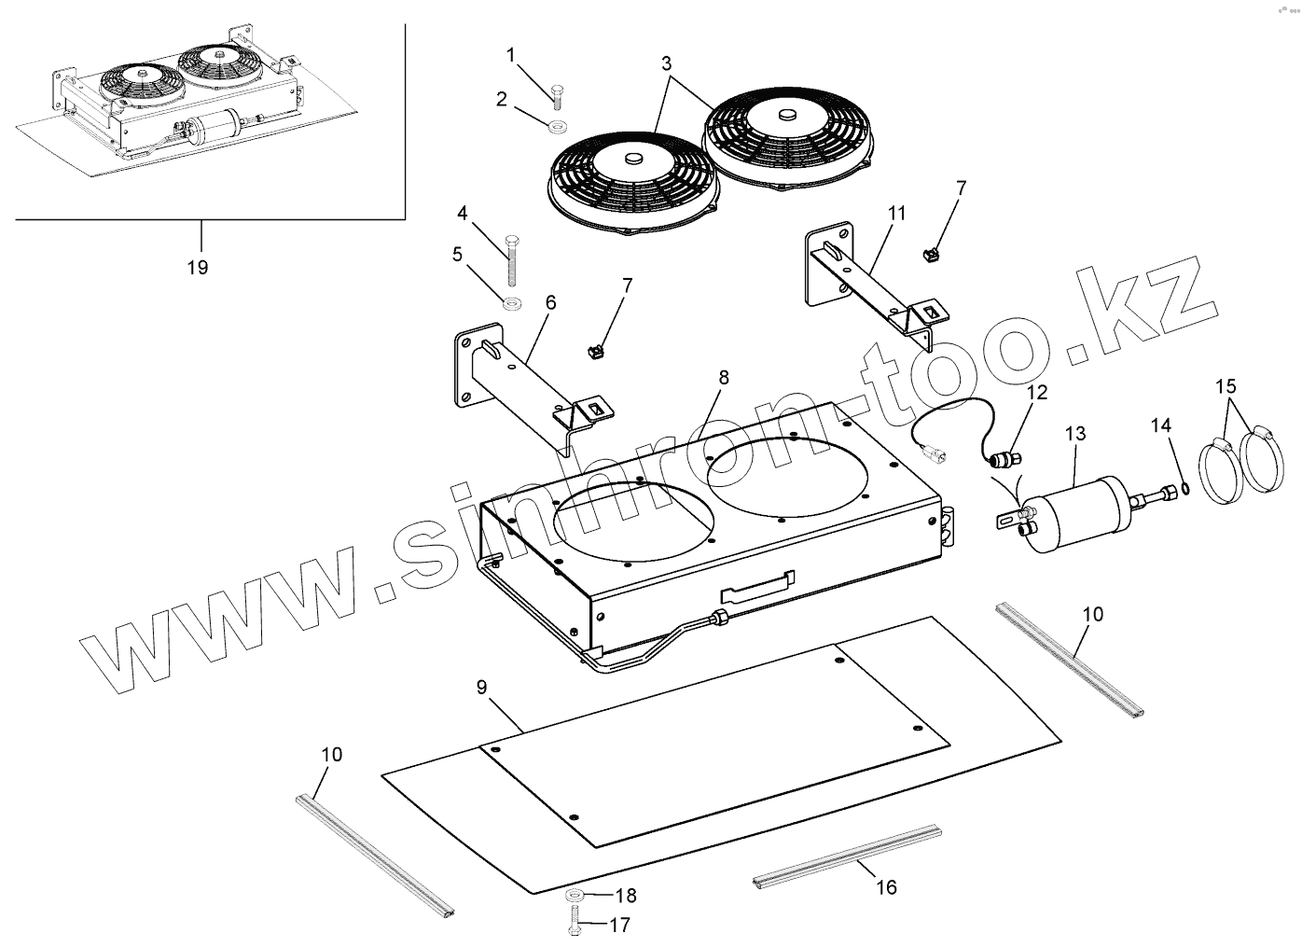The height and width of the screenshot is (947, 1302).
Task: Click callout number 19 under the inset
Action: pos(197,268)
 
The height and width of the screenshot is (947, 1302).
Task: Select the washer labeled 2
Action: pos(558,126)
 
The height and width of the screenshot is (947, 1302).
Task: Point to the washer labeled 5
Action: pos(510,302)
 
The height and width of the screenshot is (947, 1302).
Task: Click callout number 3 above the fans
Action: pos(666,64)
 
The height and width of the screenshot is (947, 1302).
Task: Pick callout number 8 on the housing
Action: pos(724,378)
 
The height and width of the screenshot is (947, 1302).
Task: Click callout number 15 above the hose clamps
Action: pos(1226,385)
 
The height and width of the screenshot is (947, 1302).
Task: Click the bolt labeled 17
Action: pos(573,926)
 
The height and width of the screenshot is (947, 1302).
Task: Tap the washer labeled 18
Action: pos(574,897)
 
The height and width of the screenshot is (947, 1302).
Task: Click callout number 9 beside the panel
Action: pos(481,688)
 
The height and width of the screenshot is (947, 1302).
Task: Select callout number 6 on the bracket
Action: pos(550,302)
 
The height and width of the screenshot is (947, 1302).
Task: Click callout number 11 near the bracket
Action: pos(896,213)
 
